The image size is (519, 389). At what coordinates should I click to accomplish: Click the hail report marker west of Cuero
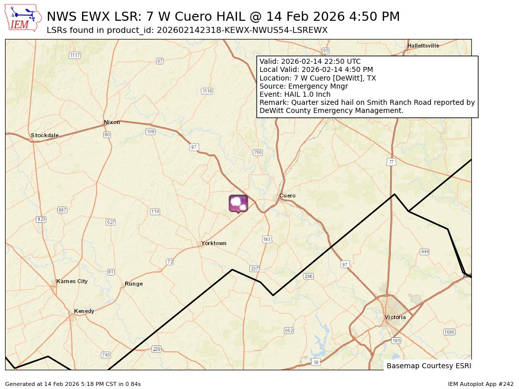(238, 203)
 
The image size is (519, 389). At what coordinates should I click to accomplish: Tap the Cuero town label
(287, 196)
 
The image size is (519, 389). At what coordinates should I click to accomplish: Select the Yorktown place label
(213, 243)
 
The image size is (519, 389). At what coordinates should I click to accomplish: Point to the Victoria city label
(395, 317)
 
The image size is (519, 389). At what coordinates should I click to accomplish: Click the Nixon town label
(112, 122)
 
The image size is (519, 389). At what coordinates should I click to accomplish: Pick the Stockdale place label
(45, 135)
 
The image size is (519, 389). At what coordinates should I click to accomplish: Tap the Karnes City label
(72, 281)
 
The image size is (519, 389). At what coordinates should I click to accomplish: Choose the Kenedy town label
(84, 311)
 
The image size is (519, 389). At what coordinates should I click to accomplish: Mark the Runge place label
(134, 284)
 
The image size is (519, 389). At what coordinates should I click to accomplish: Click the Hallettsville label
(423, 46)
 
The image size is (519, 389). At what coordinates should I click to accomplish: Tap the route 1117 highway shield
(75, 55)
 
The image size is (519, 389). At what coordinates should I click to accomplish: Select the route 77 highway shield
(390, 162)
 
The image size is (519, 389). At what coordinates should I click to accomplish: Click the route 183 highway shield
(267, 239)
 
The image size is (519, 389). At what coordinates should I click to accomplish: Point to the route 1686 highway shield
(449, 332)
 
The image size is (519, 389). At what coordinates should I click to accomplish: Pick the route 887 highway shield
(62, 210)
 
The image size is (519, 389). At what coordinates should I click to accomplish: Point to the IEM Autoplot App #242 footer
(480, 384)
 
